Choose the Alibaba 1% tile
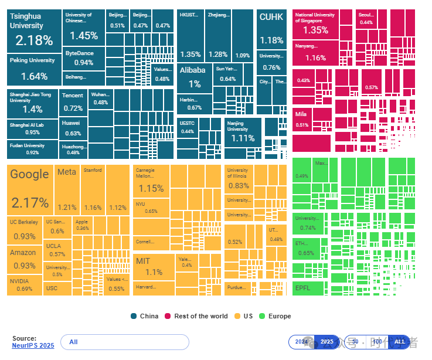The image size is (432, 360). (x=193, y=77)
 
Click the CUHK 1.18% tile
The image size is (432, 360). (x=271, y=29)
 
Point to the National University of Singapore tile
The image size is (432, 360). (x=315, y=24)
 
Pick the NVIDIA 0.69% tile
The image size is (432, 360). (x=25, y=284)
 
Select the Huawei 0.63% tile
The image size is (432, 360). (x=73, y=128)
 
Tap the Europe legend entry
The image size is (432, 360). (x=275, y=316)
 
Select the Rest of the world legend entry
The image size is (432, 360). (x=199, y=316)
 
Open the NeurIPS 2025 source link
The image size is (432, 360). (x=33, y=345)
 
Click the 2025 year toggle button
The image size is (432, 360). (x=326, y=342)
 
